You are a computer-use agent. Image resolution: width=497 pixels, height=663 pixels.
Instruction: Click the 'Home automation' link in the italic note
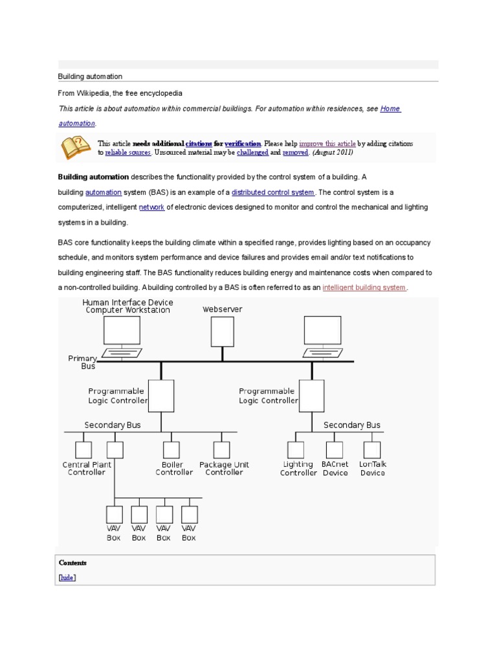click(x=390, y=109)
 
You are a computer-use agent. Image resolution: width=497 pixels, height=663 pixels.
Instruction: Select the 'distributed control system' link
click(x=272, y=192)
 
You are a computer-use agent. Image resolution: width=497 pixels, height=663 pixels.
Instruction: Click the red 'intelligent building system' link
click(x=364, y=287)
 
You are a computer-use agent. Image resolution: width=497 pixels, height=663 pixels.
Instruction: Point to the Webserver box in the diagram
click(x=222, y=331)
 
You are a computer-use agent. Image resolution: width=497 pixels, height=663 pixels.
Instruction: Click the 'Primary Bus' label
click(x=83, y=362)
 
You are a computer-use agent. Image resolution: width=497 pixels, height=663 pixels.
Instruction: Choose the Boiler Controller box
click(x=171, y=449)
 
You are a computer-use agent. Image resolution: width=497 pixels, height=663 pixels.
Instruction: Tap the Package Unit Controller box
click(x=222, y=449)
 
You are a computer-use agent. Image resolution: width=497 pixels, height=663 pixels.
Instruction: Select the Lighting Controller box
click(x=296, y=449)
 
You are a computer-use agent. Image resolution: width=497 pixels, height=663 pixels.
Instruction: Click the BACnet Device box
click(x=335, y=449)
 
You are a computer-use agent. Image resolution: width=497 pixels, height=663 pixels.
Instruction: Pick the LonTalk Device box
click(x=372, y=449)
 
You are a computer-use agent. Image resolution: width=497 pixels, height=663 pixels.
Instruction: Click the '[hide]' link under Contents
click(x=67, y=577)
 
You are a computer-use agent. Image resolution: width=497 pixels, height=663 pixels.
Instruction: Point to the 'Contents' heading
click(x=72, y=563)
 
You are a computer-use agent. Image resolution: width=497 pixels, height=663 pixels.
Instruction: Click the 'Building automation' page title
click(x=90, y=76)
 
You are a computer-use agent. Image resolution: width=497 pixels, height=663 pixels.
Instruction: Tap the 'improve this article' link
click(x=327, y=143)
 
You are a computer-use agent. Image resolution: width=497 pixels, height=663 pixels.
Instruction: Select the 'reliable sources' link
click(x=128, y=152)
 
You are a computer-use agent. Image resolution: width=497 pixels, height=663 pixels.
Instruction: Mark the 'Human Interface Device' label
click(x=127, y=302)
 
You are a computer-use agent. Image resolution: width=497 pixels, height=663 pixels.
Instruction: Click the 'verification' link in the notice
click(x=243, y=143)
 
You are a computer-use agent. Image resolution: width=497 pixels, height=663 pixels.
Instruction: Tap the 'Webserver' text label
click(x=222, y=309)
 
